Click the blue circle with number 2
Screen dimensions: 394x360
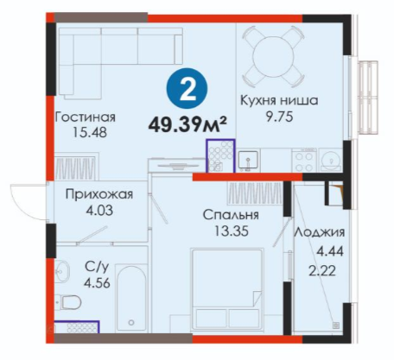pos(187,88)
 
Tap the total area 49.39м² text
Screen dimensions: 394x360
pos(187,125)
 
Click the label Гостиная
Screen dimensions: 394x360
pos(86,117)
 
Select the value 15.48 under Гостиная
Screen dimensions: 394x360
pos(90,133)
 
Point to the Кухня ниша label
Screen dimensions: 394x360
pos(279,101)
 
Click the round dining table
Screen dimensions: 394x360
pos(273,57)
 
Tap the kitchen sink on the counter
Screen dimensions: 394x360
pos(248,161)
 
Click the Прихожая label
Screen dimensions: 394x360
pos(99,194)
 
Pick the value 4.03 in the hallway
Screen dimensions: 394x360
pos(99,211)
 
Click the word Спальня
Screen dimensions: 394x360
pos(231,215)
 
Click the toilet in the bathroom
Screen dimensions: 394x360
pos(69,303)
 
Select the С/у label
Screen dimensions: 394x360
pos(97,268)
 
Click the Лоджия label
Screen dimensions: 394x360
pos(319,232)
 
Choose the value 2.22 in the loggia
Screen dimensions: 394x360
pos(322,271)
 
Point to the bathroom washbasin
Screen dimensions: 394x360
pos(62,270)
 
